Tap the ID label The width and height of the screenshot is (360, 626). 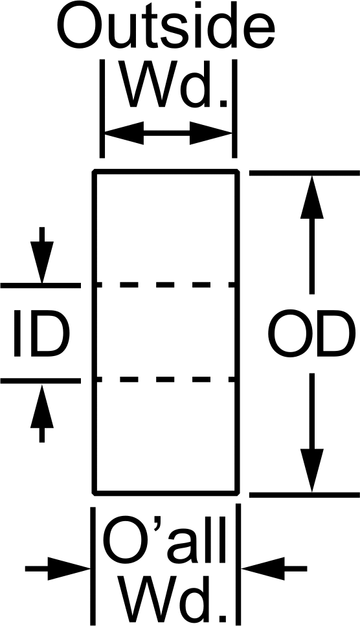pos(41,333)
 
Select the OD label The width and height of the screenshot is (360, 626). pos(311,333)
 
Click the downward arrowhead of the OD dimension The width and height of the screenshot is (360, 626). pos(311,470)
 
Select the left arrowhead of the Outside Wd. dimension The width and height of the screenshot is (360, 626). pos(124,133)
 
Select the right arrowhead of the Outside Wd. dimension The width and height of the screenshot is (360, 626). pos(210,133)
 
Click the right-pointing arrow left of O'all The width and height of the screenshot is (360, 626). pos(58,568)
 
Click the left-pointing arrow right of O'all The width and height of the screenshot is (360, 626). pos(274,568)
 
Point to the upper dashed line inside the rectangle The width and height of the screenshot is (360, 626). pos(166,285)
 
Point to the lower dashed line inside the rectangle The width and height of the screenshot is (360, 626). pos(166,379)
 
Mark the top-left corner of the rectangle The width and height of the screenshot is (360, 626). pos(94,172)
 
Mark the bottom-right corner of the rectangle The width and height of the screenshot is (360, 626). pos(238,493)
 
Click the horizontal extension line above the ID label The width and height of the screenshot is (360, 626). pos(41,285)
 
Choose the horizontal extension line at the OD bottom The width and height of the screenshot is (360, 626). pos(304,495)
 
